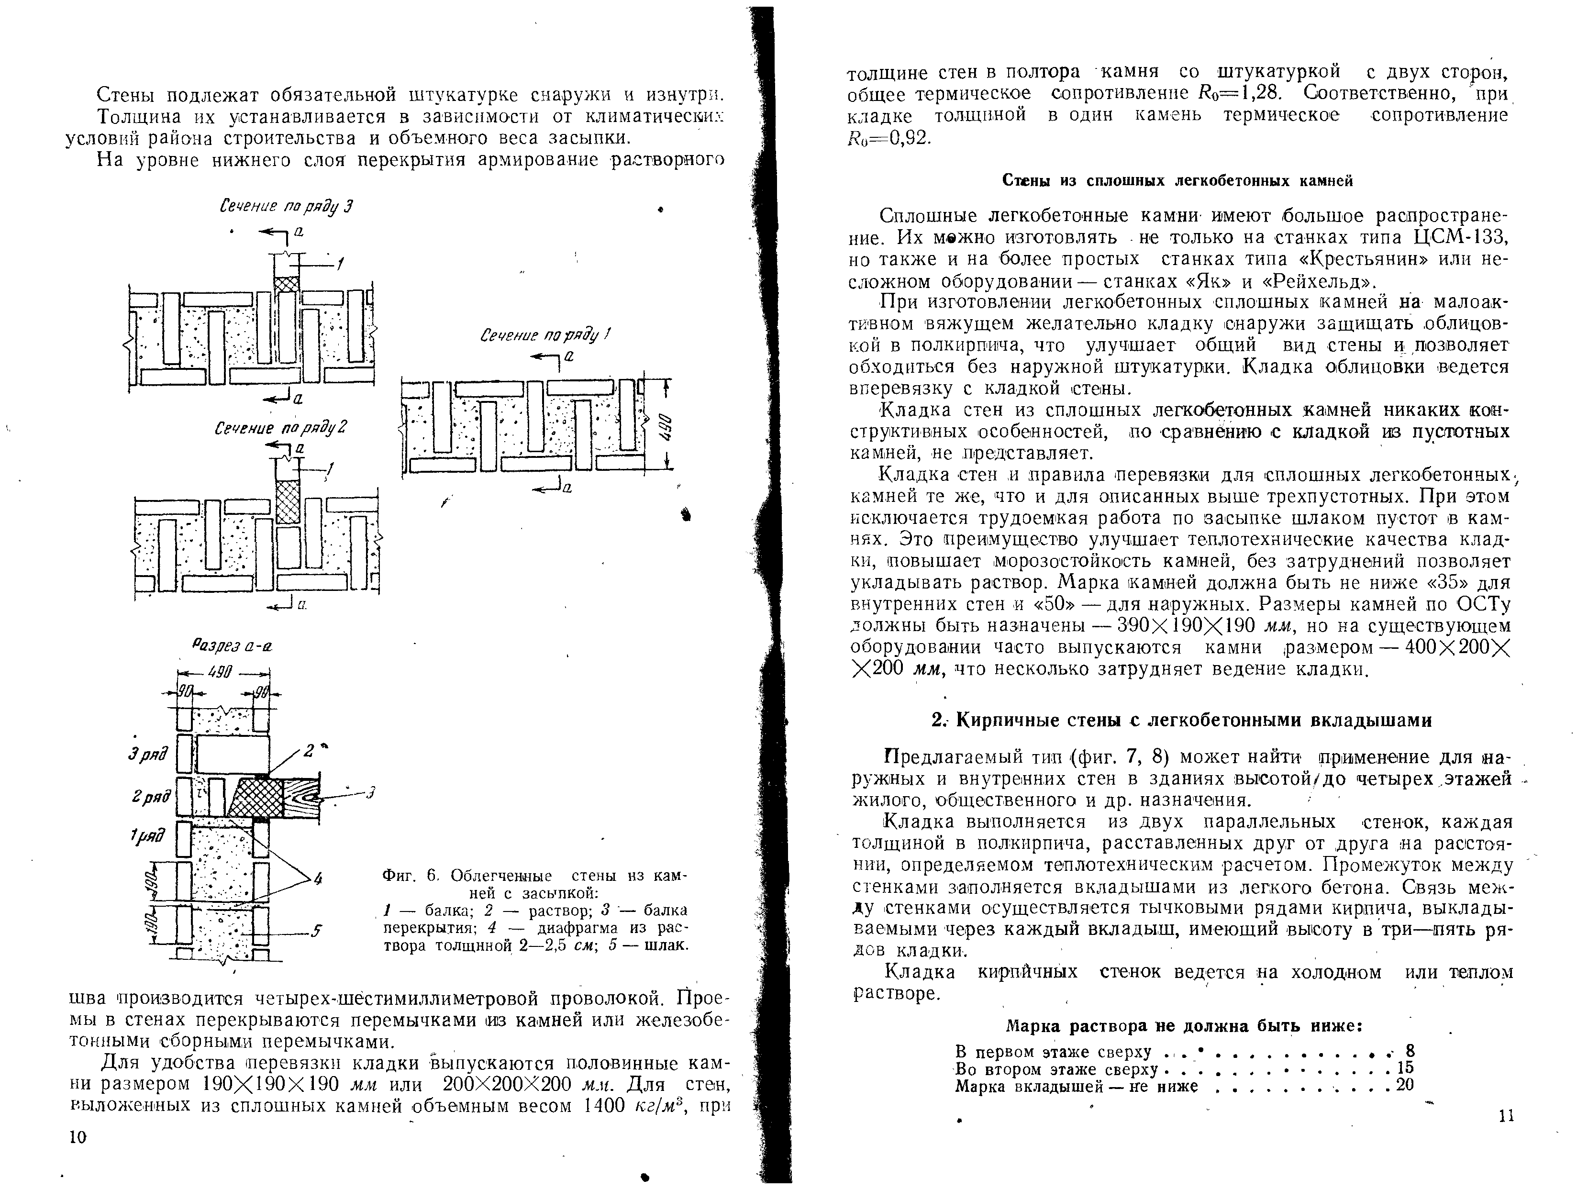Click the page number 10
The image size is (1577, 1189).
pos(77,1137)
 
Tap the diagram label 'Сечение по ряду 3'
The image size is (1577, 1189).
pos(286,207)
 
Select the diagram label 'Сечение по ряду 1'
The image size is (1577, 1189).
pos(546,335)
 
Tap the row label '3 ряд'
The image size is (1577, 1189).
pos(148,754)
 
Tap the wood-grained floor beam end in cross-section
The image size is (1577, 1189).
pos(301,797)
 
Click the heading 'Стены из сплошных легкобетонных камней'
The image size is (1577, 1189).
pos(1178,181)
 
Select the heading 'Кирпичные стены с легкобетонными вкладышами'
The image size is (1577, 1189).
pos(1183,720)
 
